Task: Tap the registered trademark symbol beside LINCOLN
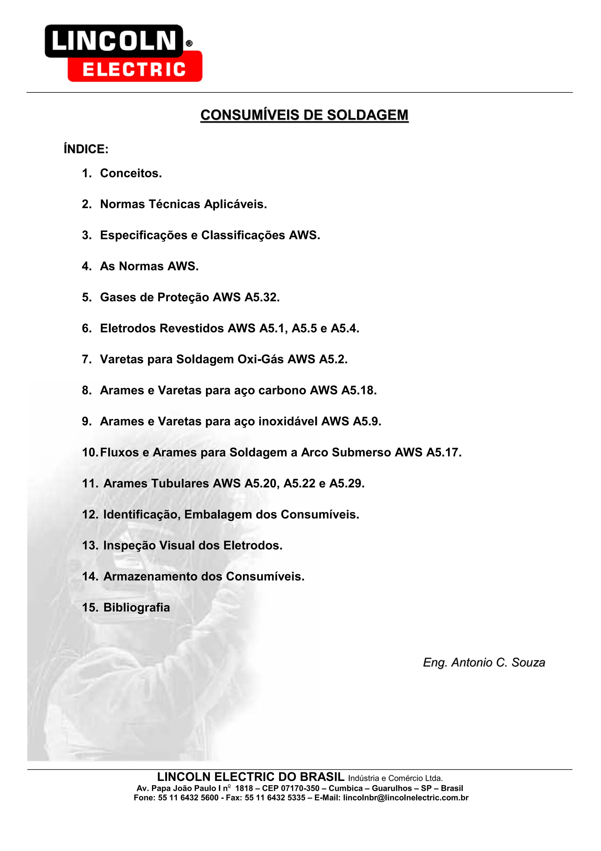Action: pyautogui.click(x=189, y=44)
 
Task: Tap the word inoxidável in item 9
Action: pyautogui.click(x=288, y=421)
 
